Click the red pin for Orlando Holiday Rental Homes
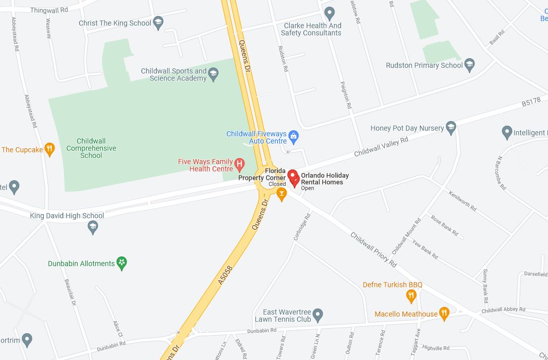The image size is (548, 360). pos(293,177)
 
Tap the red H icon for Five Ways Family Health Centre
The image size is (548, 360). pos(239,164)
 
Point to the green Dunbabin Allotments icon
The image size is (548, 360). pos(121,263)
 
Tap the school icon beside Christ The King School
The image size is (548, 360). pos(158,23)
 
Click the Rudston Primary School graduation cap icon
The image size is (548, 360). pos(469,65)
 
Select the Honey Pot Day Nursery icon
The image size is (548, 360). pos(451,128)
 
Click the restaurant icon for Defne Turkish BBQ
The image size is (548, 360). pos(411,296)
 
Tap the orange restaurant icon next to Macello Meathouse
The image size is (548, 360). pos(445,313)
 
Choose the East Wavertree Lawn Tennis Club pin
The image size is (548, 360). pos(317,314)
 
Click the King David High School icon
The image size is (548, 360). pos(93,227)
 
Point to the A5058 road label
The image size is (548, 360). pos(225,277)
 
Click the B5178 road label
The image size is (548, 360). pos(531,102)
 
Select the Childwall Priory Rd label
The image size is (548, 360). pos(374,250)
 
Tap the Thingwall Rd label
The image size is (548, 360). pos(49,10)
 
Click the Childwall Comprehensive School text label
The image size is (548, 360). pos(91,148)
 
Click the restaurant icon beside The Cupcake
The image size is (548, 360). pos(49,149)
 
